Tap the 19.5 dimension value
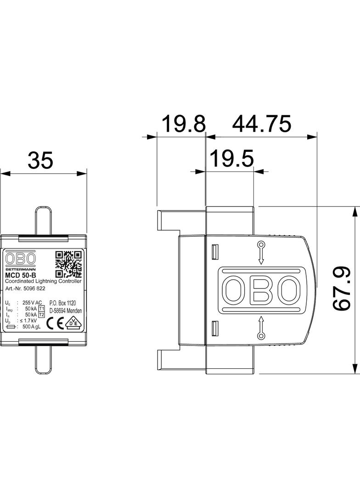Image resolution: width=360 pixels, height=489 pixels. [232, 159]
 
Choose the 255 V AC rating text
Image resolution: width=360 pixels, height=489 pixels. [32, 303]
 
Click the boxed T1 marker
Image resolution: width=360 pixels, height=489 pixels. [42, 309]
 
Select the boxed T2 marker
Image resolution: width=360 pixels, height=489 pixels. [42, 315]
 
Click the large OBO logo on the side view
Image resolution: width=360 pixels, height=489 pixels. [261, 290]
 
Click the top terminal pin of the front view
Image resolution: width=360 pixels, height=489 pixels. [43, 220]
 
